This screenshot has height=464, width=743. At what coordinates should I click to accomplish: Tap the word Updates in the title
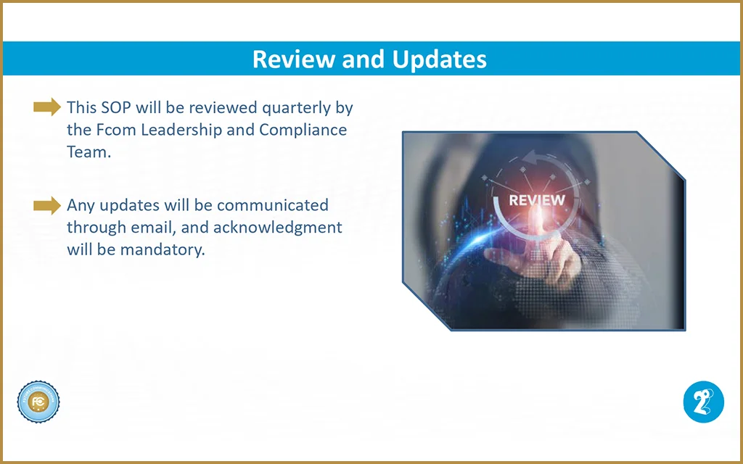pyautogui.click(x=439, y=60)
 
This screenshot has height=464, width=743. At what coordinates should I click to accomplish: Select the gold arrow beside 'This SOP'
pyautogui.click(x=47, y=107)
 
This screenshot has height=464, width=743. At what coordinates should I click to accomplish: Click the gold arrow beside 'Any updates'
pyautogui.click(x=47, y=205)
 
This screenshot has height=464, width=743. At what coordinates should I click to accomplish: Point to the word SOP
pyautogui.click(x=116, y=107)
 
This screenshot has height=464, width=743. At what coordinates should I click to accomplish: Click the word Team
pyautogui.click(x=89, y=152)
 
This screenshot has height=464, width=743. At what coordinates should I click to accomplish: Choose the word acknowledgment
pyautogui.click(x=278, y=228)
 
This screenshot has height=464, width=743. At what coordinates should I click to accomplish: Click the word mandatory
pyautogui.click(x=163, y=250)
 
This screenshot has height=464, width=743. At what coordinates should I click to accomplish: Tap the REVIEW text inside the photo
pyautogui.click(x=537, y=200)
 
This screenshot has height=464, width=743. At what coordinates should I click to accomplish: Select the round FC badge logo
pyautogui.click(x=38, y=402)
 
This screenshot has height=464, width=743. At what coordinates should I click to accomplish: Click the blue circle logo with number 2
pyautogui.click(x=704, y=402)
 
